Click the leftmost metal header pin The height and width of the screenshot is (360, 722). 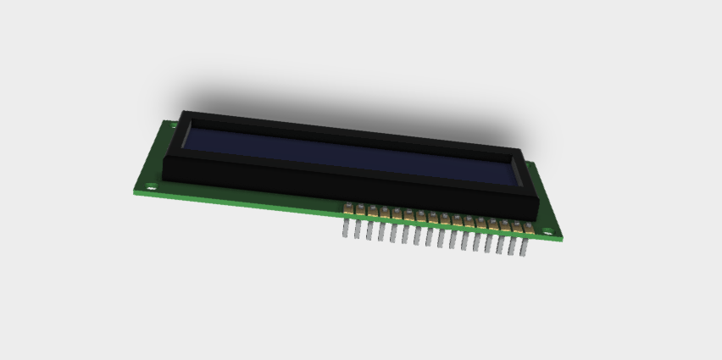pos(346,229)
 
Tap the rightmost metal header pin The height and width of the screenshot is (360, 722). pos(524,248)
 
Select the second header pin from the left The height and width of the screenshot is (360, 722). pos(358,230)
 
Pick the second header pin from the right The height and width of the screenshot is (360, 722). pos(512,246)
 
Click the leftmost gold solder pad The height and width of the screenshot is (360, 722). pos(347,208)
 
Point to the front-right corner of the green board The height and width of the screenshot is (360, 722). pos(559,241)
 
